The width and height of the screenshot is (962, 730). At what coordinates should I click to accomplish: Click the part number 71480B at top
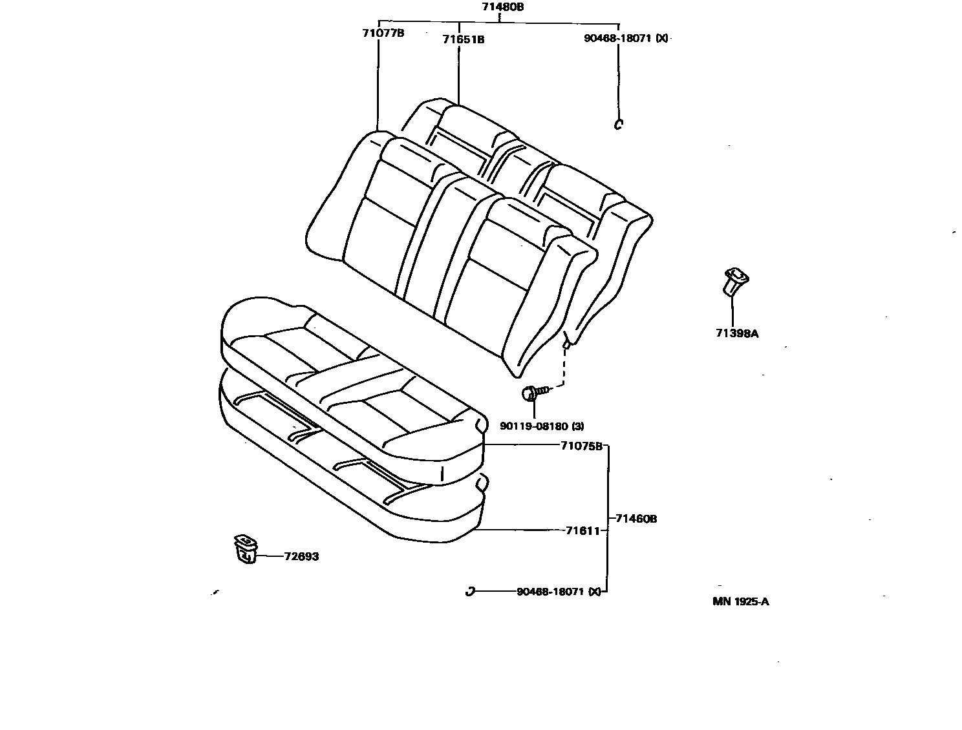point(502,8)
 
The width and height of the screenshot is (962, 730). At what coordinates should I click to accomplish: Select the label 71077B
point(383,32)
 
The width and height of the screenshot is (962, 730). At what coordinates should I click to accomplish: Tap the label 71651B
point(463,39)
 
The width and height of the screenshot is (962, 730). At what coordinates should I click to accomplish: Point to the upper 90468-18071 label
point(617,38)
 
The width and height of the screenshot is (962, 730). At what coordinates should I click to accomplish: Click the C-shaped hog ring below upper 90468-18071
point(618,124)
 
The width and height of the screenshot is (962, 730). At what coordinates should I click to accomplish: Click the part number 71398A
point(736,333)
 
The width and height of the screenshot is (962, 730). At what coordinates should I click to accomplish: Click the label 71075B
point(581,446)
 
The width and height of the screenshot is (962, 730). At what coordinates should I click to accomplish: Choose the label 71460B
point(636,518)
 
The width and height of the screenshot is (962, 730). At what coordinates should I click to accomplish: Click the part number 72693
point(301,556)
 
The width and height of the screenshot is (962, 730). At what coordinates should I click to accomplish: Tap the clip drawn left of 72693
point(244,549)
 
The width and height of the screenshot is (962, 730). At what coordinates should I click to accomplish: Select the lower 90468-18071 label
point(550,591)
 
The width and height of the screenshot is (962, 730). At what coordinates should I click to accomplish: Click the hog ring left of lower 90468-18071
point(471,591)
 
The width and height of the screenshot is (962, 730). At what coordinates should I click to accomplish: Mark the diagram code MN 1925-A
point(740,601)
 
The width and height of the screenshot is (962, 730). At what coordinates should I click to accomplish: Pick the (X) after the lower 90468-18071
point(595,591)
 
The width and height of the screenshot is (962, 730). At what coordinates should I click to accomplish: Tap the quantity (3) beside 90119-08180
point(577,426)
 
